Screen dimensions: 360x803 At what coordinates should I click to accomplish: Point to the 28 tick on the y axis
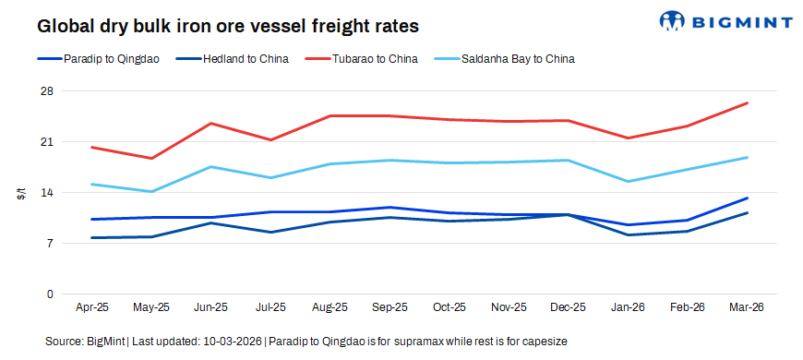coord(47,91)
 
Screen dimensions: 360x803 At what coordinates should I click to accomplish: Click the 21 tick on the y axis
coord(47,142)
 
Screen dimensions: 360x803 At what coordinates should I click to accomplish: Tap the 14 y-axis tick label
coord(47,193)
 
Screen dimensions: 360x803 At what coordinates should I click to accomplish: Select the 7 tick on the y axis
coord(50,244)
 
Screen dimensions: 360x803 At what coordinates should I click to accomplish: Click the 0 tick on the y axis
coord(50,294)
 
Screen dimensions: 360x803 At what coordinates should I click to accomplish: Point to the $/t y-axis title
coord(20,193)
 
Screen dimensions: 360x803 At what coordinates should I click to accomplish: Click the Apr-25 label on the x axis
coord(91,307)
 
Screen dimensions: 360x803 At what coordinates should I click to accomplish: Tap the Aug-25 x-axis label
coord(330,307)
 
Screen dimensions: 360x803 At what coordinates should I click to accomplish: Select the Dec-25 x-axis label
coord(568,307)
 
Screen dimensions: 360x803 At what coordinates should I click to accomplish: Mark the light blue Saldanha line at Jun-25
coord(210,167)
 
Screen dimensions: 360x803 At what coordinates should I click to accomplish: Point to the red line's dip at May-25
coord(151,159)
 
